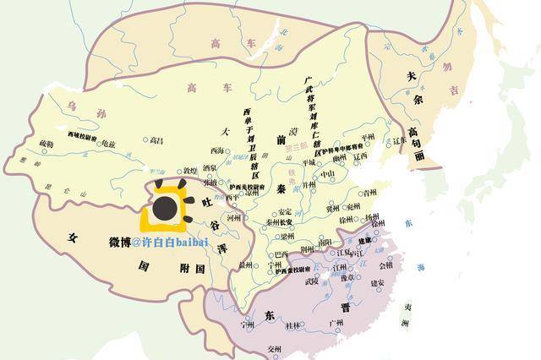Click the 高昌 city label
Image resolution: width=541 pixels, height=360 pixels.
[156, 140]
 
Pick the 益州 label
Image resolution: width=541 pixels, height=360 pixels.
[245, 265]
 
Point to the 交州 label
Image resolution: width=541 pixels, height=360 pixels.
[274, 348]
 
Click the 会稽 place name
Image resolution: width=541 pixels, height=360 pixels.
[385, 265]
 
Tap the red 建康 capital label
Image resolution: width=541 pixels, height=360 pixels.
[366, 242]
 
